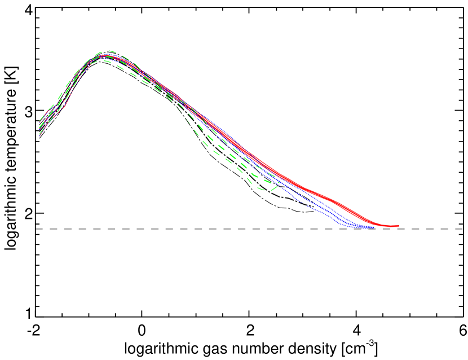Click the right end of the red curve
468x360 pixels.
[399, 226]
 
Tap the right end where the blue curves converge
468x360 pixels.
[373, 227]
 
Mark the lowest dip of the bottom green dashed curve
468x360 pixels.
[263, 189]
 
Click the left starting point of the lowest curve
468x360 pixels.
[39, 135]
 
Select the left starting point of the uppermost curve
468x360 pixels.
[40, 121]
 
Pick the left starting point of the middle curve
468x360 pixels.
[40, 128]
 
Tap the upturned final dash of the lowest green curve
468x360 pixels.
[275, 185]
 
